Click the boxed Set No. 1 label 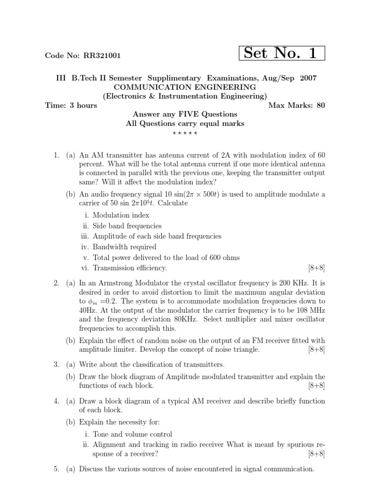(282, 53)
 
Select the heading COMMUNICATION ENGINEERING (185, 87)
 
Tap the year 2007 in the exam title (307, 78)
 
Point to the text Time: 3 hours (71, 105)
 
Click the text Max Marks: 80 (296, 105)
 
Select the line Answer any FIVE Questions (185, 114)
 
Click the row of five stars (185, 132)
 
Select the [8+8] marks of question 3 (316, 385)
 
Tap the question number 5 (57, 469)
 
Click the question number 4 (57, 401)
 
